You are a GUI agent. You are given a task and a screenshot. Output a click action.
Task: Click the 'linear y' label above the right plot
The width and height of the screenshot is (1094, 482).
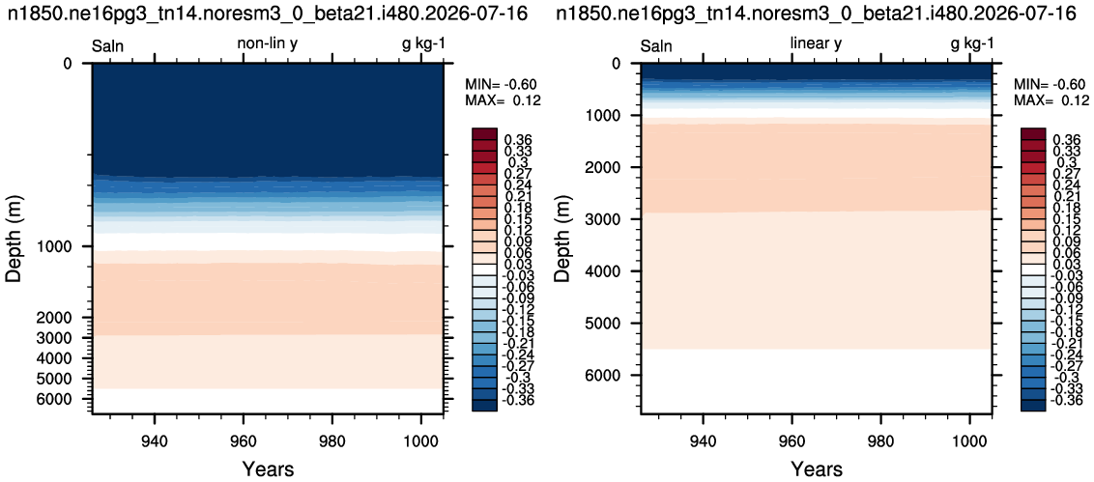(816, 43)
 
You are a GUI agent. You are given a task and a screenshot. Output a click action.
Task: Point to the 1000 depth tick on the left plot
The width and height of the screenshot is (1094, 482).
(62, 246)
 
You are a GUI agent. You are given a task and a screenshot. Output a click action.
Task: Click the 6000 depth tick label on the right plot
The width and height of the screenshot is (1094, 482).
(609, 376)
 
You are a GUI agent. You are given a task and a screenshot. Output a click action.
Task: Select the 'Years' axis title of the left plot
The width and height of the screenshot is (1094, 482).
(268, 468)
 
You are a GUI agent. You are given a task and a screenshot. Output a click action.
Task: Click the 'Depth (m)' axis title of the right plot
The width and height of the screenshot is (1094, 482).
(561, 239)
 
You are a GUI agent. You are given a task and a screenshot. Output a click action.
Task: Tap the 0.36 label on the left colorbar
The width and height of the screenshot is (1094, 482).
(516, 140)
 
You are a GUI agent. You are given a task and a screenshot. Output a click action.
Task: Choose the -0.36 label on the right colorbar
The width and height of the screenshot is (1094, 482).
(1063, 400)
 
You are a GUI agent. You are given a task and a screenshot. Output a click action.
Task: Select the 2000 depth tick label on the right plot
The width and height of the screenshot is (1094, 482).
(609, 167)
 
